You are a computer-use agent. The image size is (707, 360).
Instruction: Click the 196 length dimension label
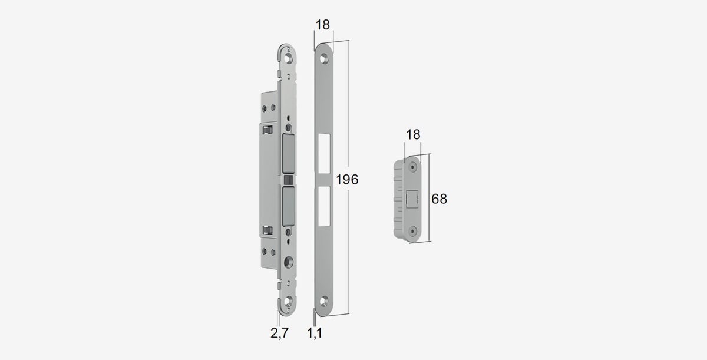(347, 180)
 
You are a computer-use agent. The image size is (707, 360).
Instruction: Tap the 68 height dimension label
(439, 199)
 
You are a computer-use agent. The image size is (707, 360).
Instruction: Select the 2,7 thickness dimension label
(279, 333)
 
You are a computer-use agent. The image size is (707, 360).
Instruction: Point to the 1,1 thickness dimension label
(315, 333)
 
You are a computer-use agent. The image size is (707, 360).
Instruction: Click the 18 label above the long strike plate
(323, 25)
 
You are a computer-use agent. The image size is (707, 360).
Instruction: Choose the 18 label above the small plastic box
(413, 135)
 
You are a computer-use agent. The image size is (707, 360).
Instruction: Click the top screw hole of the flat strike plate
(324, 59)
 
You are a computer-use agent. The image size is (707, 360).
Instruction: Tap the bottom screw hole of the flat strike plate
(324, 301)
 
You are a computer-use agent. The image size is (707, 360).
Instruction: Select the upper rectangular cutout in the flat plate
(324, 154)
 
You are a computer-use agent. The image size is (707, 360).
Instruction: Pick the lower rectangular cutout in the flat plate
(324, 206)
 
